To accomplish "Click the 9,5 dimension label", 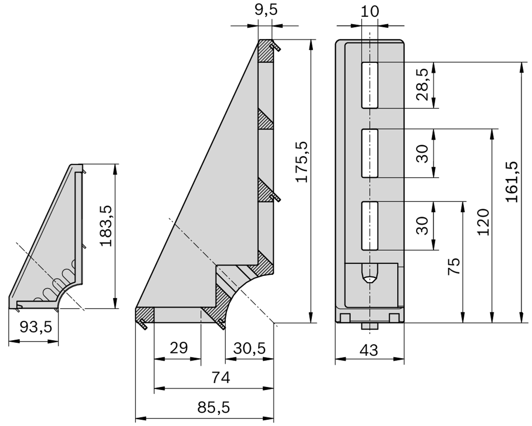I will click(266, 9).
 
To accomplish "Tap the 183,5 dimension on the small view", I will click(106, 226).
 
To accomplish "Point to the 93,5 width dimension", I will click(36, 327).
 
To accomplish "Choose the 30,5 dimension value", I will click(250, 348).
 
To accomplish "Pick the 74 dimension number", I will click(220, 377).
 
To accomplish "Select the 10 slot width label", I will click(369, 11).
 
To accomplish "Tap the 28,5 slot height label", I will click(423, 85).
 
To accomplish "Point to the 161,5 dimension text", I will click(512, 181).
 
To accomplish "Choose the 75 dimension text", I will click(454, 266).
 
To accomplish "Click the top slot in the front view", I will click(369, 85).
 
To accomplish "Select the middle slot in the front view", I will click(369, 153).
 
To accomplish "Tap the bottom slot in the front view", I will click(369, 225).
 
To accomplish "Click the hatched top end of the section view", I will click(266, 51).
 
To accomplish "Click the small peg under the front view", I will click(369, 326).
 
